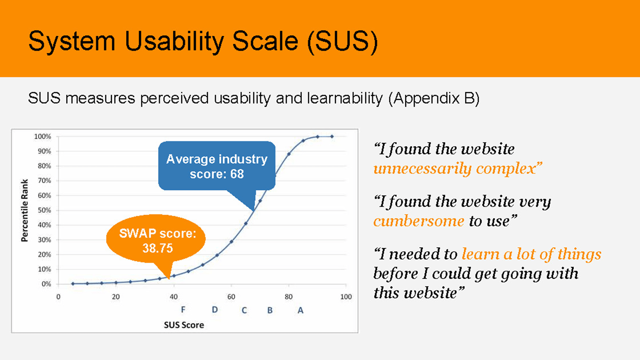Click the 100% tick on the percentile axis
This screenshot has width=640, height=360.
coord(43,137)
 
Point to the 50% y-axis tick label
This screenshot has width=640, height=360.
coord(44,210)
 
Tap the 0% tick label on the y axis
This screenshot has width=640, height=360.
coord(46,284)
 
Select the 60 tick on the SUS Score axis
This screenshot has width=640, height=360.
coord(231,297)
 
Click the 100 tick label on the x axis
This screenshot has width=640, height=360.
coord(346,297)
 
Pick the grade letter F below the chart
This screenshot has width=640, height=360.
coord(183,310)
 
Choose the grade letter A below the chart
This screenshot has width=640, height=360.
coord(300,310)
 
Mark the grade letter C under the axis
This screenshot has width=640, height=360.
coord(244,310)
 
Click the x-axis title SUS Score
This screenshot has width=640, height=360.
coord(184,325)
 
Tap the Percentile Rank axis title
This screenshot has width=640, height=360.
coord(24,210)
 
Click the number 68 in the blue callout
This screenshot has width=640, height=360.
coord(237,174)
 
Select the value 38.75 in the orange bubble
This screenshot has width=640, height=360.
coord(158,248)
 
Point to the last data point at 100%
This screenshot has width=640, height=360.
coord(332,136)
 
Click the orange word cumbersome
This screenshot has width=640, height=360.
coord(419,221)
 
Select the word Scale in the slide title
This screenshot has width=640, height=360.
coord(265,41)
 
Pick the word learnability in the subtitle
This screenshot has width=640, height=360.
coord(345,99)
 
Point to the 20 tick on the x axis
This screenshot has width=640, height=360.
coord(116,297)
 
